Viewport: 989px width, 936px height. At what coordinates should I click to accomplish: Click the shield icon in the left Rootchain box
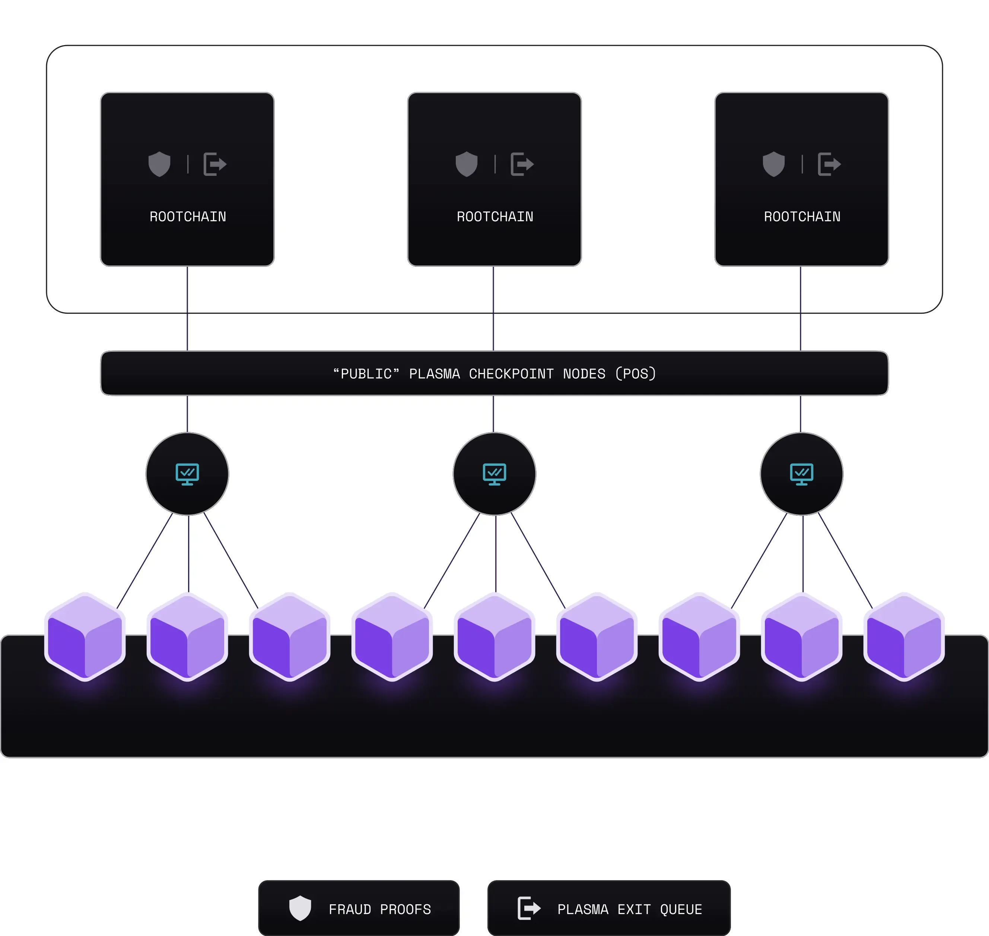159,164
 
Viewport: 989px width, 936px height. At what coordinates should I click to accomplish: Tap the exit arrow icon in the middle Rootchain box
522,164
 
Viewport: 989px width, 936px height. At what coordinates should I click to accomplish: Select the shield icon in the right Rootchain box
774,164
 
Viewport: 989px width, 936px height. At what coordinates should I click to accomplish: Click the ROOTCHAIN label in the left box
188,216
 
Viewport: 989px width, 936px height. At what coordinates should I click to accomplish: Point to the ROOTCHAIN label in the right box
802,216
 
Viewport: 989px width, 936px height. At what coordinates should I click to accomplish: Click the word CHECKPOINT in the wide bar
511,374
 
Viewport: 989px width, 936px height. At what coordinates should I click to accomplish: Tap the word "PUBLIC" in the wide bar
366,374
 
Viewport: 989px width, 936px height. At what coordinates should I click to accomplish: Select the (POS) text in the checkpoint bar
636,374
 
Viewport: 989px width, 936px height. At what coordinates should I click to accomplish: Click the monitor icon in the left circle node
187,474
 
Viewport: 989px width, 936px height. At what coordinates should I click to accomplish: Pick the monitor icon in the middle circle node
495,474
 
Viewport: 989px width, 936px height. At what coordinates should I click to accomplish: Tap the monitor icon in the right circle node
802,474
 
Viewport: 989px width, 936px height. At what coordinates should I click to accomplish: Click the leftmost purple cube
85,637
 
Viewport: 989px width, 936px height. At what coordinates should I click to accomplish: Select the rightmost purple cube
904,637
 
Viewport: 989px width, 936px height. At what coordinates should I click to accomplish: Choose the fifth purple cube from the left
495,637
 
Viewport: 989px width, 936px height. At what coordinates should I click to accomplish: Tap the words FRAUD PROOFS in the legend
380,910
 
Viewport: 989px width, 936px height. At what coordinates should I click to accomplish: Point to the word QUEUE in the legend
681,910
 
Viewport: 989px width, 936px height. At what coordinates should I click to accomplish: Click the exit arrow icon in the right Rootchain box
829,164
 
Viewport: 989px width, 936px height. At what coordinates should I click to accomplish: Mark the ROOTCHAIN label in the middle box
495,216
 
